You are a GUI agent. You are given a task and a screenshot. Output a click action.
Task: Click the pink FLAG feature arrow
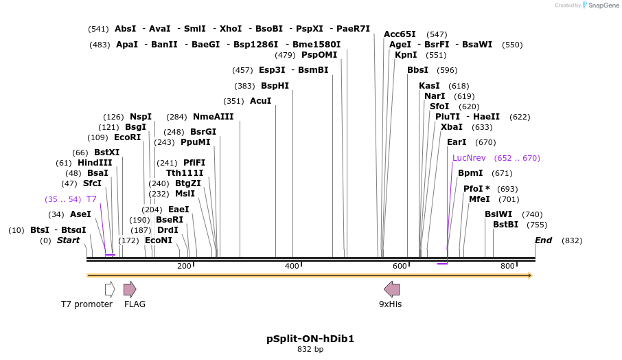[x=130, y=289]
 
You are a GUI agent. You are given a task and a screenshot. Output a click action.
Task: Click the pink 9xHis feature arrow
[x=391, y=289]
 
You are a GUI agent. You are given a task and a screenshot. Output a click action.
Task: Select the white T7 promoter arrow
[x=110, y=289]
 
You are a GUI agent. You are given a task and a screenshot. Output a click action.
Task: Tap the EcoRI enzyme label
[x=128, y=137]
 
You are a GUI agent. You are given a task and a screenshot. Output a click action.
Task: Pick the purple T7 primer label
[x=91, y=199]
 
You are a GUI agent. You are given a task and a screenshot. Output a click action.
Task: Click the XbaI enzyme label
[x=452, y=127]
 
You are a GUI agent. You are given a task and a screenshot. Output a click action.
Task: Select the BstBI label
[x=505, y=225]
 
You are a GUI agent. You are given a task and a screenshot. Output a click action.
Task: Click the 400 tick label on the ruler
[x=292, y=266]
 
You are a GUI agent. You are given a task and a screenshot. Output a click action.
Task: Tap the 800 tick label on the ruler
[x=507, y=266]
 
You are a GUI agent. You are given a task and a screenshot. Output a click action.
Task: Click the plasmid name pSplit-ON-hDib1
[x=310, y=339]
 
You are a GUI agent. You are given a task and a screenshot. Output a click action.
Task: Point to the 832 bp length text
[x=310, y=349]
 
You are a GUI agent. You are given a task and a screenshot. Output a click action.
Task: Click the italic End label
[x=544, y=240]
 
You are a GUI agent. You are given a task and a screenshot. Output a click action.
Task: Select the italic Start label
[x=69, y=240]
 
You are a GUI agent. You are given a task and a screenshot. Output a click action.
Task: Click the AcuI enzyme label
[x=260, y=101]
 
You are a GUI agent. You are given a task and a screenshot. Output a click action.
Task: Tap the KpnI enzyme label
[x=406, y=55]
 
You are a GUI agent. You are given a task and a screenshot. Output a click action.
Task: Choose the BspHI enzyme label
[x=275, y=86]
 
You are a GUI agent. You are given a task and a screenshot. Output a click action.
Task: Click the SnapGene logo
[x=598, y=5]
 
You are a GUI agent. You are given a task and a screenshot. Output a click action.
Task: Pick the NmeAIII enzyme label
[x=214, y=117]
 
